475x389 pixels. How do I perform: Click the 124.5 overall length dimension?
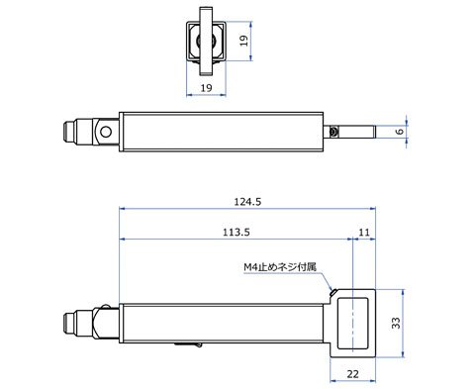tap(247, 202)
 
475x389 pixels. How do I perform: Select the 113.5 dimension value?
tap(237, 233)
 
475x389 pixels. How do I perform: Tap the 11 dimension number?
tap(364, 233)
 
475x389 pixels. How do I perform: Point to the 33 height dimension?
tap(396, 323)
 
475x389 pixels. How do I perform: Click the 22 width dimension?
tap(352, 374)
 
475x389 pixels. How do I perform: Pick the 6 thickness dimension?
tap(399, 132)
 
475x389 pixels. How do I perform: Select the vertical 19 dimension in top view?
tap(243, 41)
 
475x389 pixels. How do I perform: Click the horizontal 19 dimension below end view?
tap(206, 88)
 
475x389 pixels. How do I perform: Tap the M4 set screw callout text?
tap(280, 266)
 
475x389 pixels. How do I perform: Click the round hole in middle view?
tap(106, 132)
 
